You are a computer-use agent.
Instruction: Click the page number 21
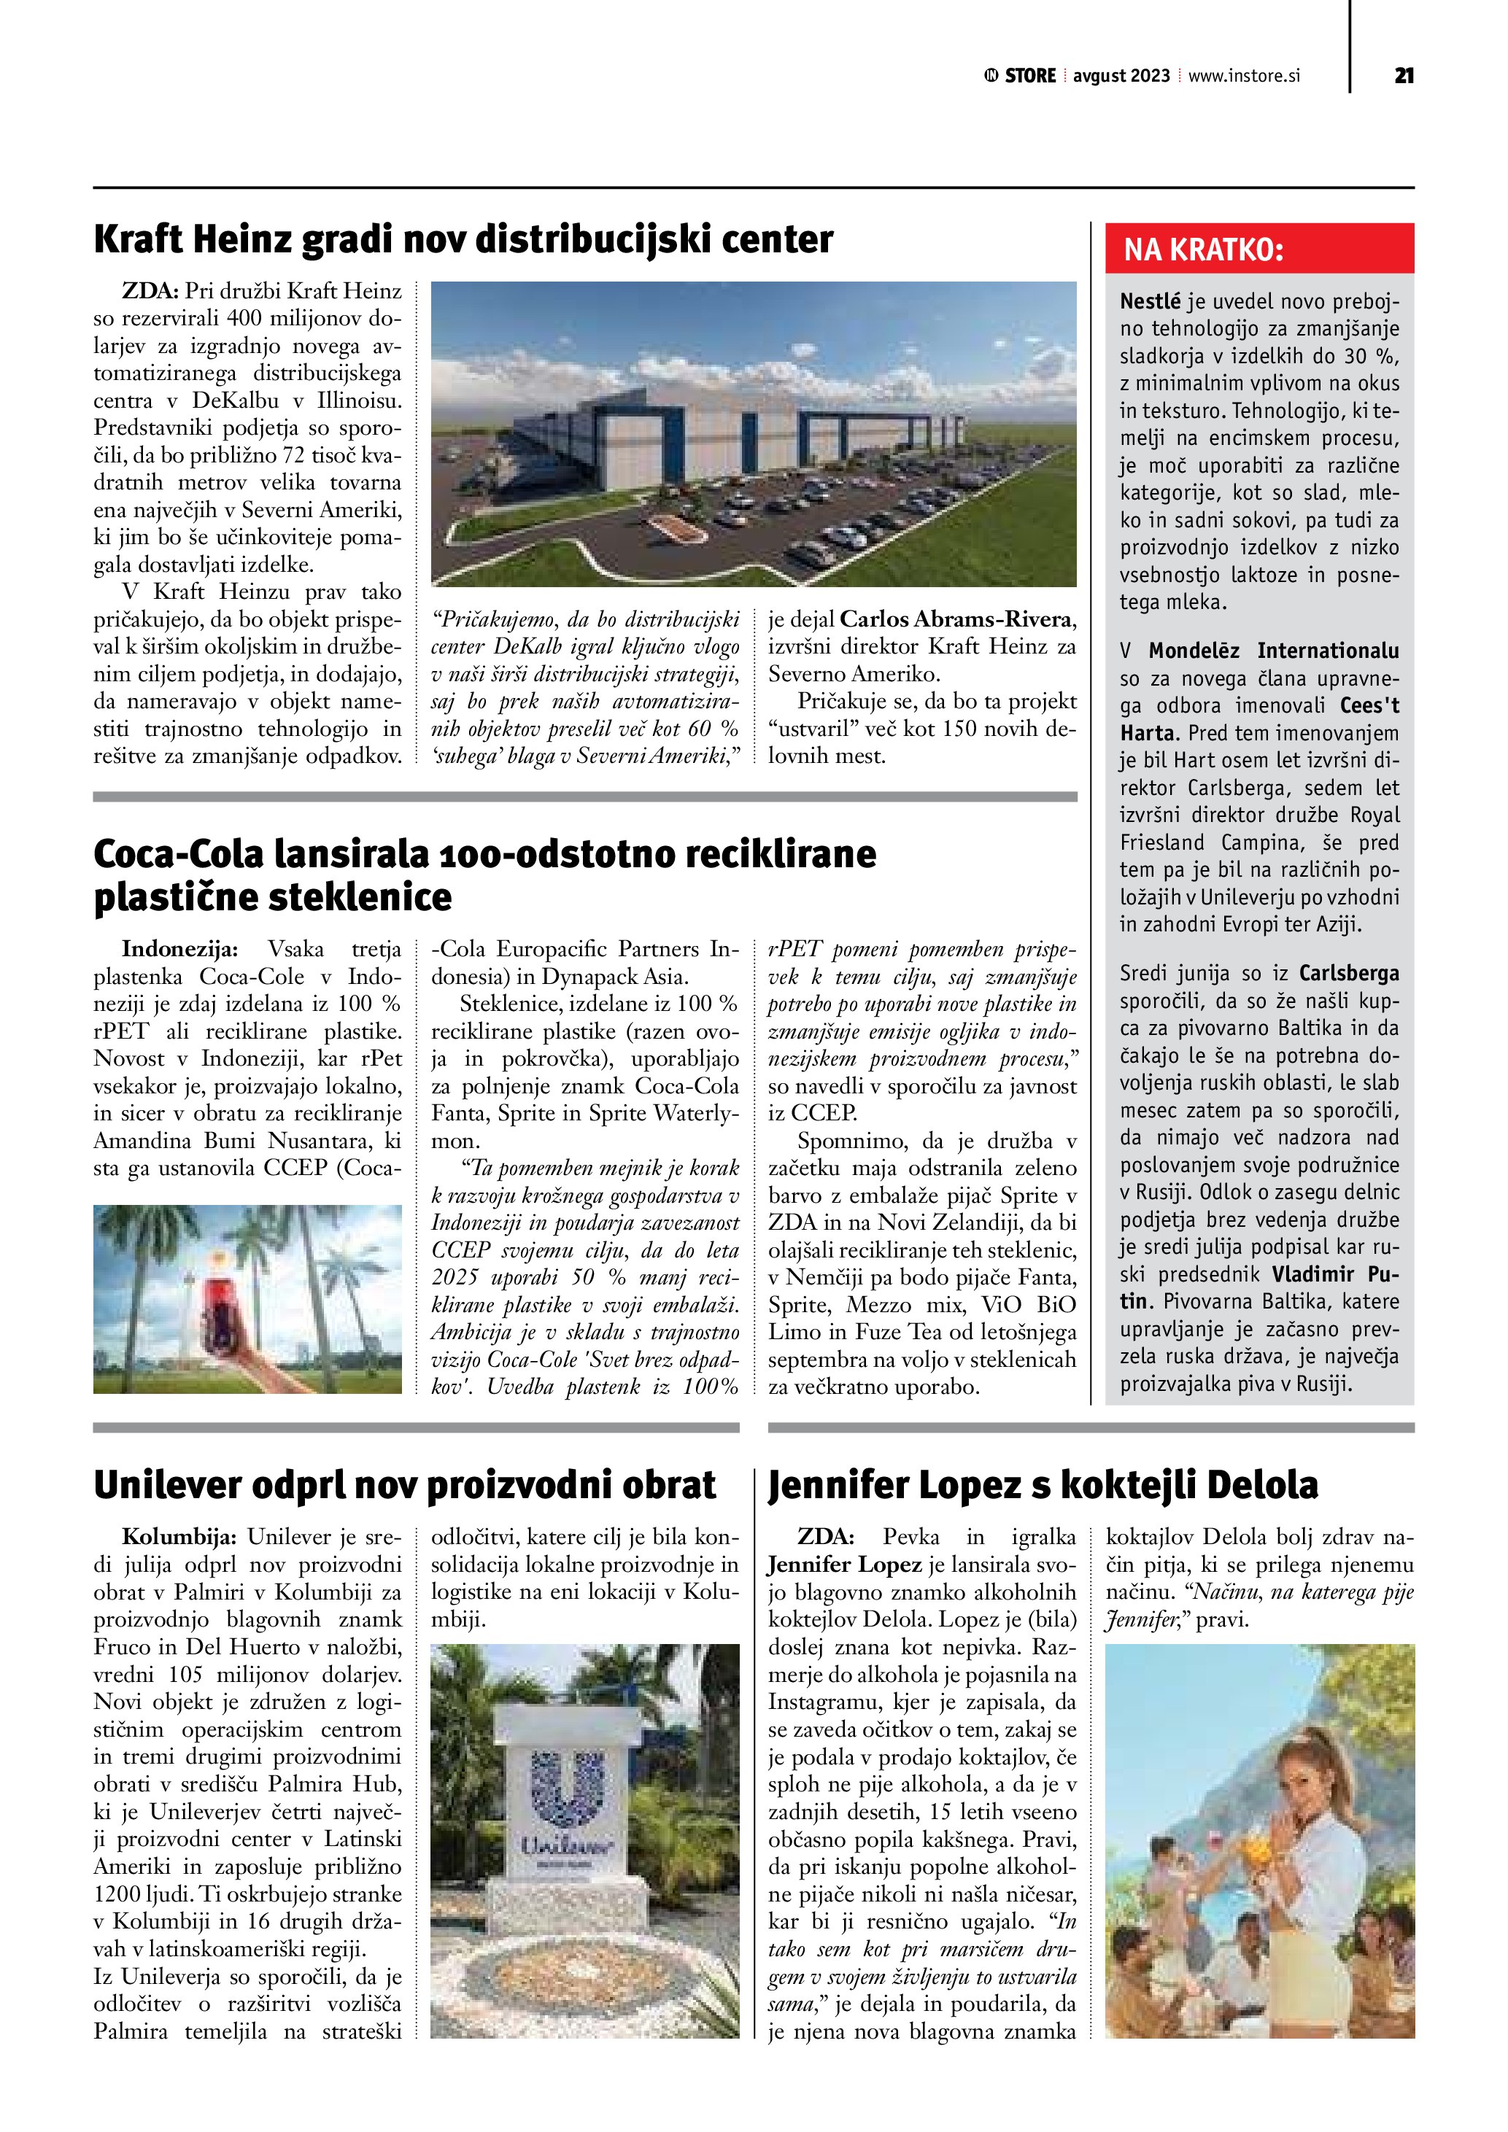coord(1404,76)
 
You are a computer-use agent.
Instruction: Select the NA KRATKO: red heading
coord(1204,249)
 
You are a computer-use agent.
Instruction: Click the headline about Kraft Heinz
coord(463,239)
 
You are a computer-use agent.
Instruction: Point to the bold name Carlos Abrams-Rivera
coord(957,619)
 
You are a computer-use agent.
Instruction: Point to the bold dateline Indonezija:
coord(180,949)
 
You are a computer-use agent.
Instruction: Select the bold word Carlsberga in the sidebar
coord(1348,973)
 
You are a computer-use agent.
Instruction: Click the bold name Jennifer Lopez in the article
coord(844,1565)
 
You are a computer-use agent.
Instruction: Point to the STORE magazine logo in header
coord(1021,76)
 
